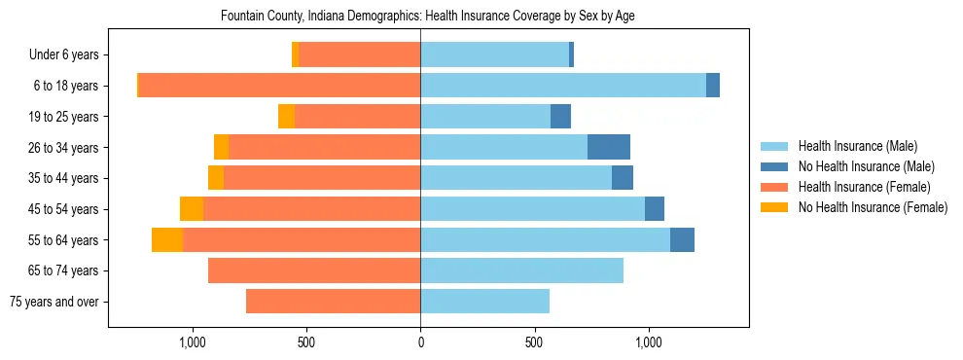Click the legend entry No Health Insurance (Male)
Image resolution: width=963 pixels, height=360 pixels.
click(866, 166)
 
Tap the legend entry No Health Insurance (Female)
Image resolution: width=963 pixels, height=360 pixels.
click(873, 207)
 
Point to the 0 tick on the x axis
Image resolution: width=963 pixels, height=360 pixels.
click(420, 342)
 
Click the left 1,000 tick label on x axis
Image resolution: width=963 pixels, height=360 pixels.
click(193, 342)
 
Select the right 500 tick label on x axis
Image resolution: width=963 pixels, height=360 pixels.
click(534, 342)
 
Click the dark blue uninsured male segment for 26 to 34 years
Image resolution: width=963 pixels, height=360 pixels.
click(609, 147)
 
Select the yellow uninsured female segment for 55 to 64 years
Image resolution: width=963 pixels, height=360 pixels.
click(167, 239)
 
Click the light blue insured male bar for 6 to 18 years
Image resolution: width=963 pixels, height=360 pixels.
click(563, 86)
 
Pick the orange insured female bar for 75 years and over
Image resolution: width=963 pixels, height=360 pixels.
click(333, 302)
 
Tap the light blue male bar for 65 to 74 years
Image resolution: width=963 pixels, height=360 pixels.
click(521, 270)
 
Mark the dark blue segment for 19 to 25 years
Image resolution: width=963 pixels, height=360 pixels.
click(560, 117)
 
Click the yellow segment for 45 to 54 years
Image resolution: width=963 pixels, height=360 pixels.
click(192, 209)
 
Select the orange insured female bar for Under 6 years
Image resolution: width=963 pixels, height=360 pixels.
click(360, 55)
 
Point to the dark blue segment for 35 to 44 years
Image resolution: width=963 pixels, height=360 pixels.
click(623, 178)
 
